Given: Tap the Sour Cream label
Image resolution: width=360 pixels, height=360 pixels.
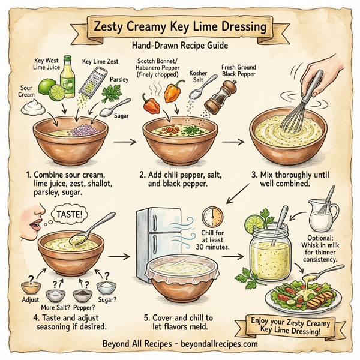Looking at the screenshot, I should (20, 91).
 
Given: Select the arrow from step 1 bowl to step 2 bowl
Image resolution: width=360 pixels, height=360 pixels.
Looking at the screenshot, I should (125, 143).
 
